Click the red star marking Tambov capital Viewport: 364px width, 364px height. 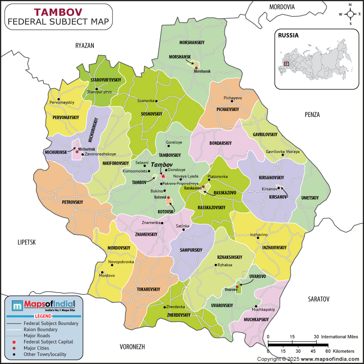pyautogui.click(x=163, y=176)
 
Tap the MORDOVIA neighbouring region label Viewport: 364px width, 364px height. pyautogui.click(x=282, y=7)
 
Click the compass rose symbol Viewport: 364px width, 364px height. pyautogui.click(x=350, y=14)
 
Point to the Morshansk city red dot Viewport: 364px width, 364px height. pyautogui.click(x=196, y=67)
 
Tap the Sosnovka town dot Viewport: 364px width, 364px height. pyautogui.click(x=156, y=101)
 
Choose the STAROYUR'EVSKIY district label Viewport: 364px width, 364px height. pyautogui.click(x=106, y=80)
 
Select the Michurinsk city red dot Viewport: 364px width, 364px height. pyautogui.click(x=77, y=152)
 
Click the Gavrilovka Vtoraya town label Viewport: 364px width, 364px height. pyautogui.click(x=283, y=151)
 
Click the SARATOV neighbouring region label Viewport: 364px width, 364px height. pyautogui.click(x=317, y=299)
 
